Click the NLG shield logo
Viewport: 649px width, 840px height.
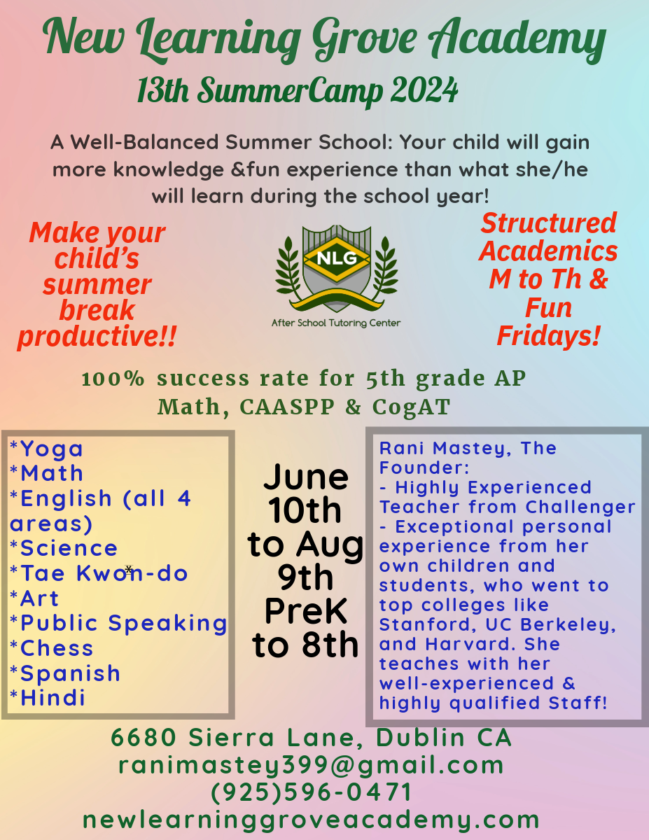point(336,269)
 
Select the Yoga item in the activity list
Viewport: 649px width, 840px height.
point(46,449)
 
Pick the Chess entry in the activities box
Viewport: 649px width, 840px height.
point(51,648)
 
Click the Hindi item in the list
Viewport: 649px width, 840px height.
point(47,698)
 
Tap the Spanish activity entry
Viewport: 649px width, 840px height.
point(65,673)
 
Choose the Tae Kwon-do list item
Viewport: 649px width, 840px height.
point(99,573)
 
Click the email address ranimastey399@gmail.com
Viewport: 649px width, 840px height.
point(311,765)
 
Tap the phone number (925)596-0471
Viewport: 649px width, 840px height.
point(311,792)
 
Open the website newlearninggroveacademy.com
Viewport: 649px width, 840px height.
point(311,820)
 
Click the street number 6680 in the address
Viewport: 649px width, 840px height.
point(144,738)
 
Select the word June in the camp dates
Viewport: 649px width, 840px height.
point(306,477)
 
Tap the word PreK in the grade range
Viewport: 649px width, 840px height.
point(306,611)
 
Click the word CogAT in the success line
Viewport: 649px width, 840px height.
point(411,407)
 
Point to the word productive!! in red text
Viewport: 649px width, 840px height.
point(97,336)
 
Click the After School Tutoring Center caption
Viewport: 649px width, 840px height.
point(336,323)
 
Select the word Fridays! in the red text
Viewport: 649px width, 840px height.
point(548,335)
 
